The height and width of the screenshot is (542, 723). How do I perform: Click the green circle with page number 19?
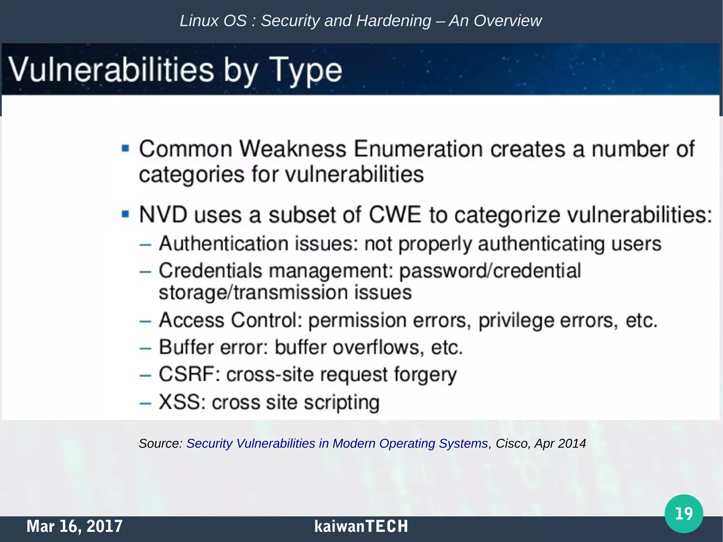click(x=683, y=513)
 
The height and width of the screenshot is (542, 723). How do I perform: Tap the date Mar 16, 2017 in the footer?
click(x=74, y=526)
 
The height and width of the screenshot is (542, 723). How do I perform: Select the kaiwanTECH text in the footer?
click(x=361, y=526)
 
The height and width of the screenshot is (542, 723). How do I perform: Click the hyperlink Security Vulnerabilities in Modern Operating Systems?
click(x=337, y=443)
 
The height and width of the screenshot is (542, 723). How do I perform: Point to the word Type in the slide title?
click(x=306, y=70)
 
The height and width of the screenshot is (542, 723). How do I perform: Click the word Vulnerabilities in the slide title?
click(x=111, y=70)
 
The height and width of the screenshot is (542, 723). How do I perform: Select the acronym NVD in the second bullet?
click(x=163, y=215)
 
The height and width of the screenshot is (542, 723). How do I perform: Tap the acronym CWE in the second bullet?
click(x=395, y=215)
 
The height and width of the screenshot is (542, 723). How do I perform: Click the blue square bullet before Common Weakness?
click(x=125, y=148)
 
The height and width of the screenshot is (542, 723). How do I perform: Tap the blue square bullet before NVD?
click(x=125, y=214)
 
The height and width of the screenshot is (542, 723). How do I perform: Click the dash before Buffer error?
click(x=145, y=349)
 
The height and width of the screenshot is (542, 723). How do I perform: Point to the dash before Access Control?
click(x=145, y=321)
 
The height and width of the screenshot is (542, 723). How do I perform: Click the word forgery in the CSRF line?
click(x=425, y=375)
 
